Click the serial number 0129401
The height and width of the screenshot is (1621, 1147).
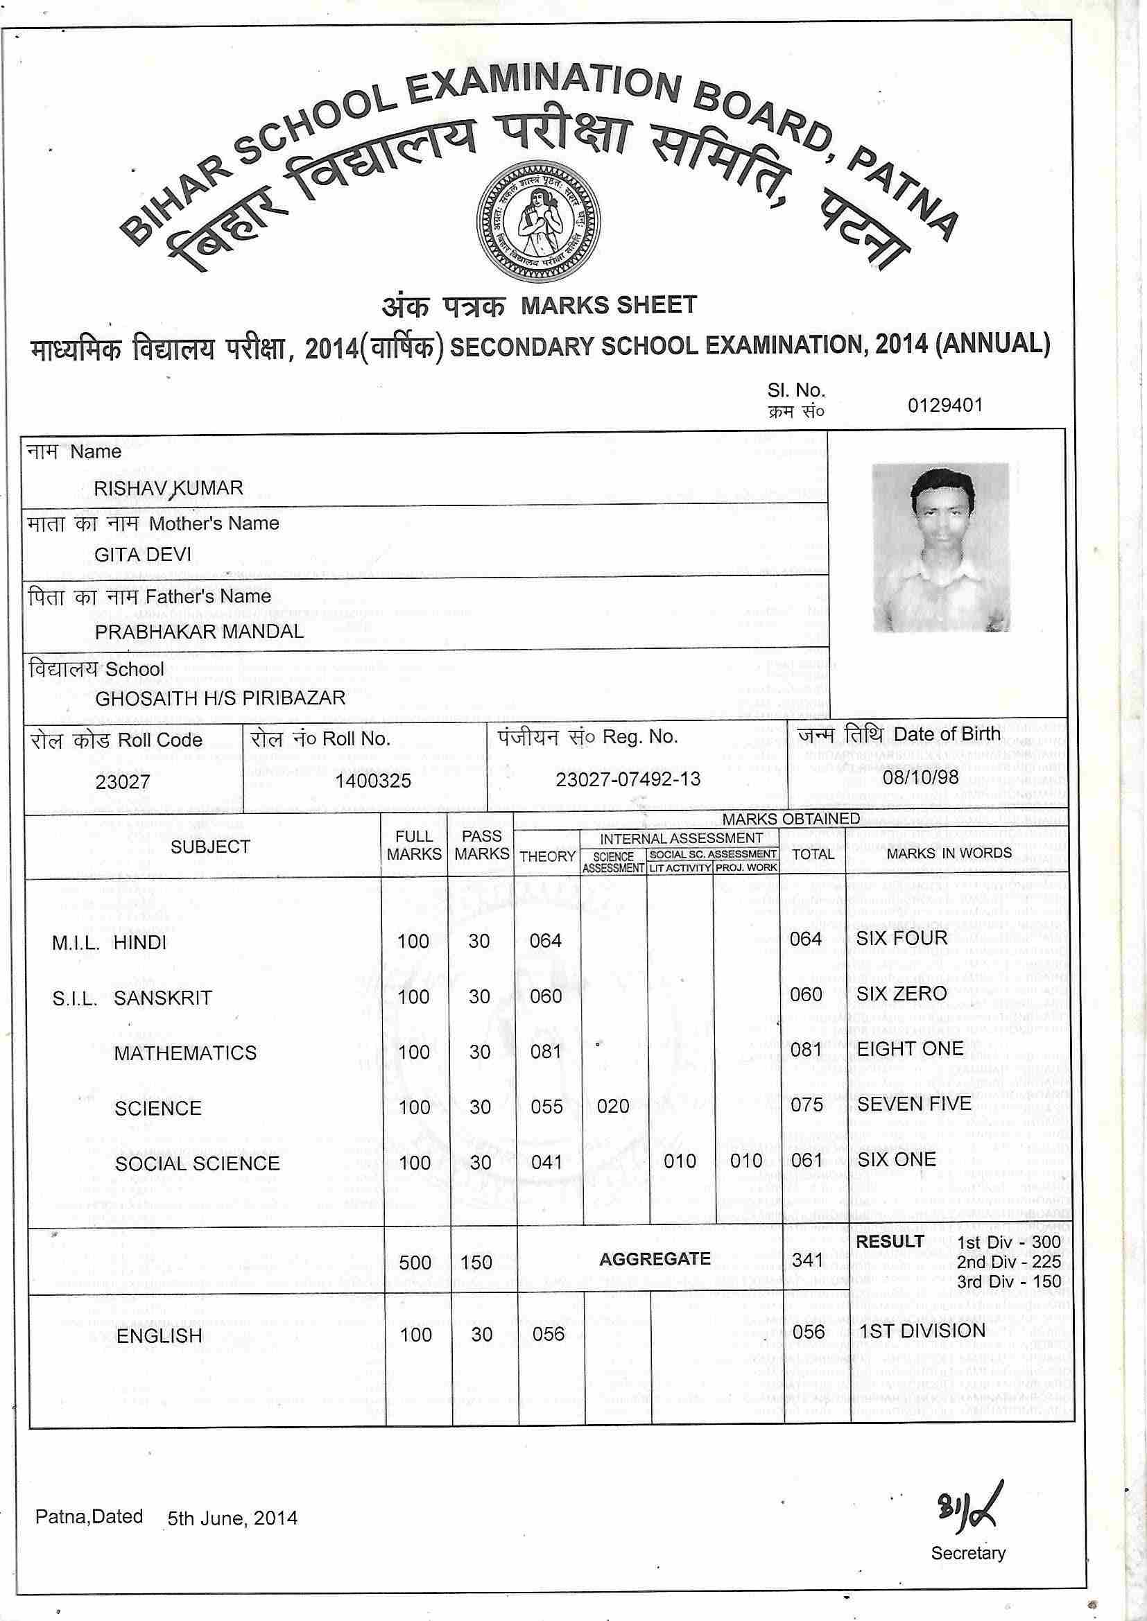coord(945,405)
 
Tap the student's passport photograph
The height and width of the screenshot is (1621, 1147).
coord(940,547)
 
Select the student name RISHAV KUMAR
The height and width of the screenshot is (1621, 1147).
coord(168,488)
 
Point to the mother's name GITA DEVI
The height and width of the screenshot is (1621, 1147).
coord(143,554)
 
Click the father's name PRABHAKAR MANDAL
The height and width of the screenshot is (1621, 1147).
coord(199,631)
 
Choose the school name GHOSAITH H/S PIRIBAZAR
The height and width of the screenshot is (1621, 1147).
coord(221,698)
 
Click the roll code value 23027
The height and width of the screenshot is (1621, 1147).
coord(123,781)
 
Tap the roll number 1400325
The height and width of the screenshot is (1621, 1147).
coord(373,781)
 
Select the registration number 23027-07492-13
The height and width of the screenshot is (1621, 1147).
coord(628,779)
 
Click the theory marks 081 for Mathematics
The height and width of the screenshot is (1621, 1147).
coord(546,1052)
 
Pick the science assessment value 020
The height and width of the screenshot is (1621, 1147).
coord(612,1107)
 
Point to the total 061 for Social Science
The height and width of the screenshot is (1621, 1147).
coord(807,1161)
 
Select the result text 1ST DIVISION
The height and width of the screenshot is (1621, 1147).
coord(920,1330)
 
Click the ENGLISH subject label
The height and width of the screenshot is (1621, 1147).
coord(159,1336)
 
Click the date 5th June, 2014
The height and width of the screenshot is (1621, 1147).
coord(232,1518)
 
